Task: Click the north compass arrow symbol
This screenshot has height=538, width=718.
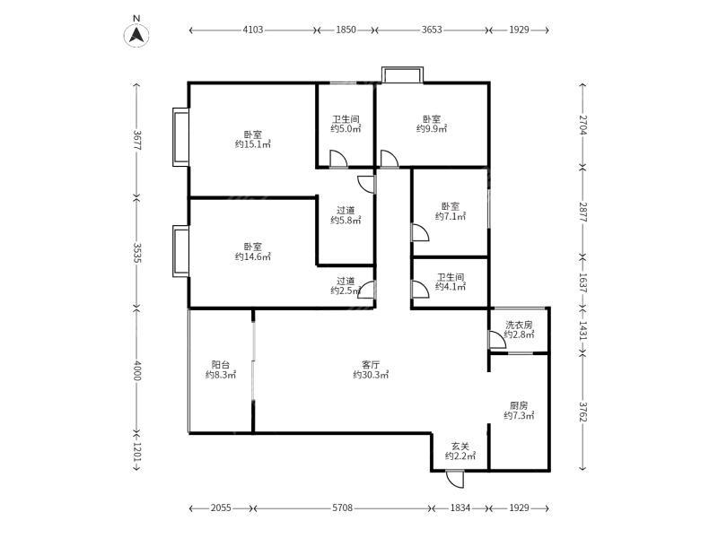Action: (x=136, y=35)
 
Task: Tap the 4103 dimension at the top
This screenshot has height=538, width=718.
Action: (x=253, y=30)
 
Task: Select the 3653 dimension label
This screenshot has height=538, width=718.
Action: (x=432, y=30)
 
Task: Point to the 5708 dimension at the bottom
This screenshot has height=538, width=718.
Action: (x=343, y=508)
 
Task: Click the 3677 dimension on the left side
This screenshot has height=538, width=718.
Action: (x=137, y=140)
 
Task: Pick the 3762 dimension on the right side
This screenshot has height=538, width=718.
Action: (x=582, y=412)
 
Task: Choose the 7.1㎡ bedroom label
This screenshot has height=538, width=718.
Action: (x=451, y=212)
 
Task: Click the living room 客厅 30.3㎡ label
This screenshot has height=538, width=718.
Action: (x=371, y=370)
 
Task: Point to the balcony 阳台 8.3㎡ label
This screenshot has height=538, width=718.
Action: (x=221, y=370)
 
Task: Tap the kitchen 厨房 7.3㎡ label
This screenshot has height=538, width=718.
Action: (x=519, y=411)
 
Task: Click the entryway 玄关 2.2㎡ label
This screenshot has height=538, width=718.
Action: (x=460, y=451)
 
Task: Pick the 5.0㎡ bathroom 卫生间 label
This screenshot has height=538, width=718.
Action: (x=346, y=124)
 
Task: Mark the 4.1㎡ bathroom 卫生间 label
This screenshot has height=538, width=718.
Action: (x=451, y=282)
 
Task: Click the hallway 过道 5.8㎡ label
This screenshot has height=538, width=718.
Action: (x=346, y=215)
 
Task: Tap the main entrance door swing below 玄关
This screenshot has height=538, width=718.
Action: (x=455, y=479)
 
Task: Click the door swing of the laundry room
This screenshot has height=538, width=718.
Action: (x=498, y=340)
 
